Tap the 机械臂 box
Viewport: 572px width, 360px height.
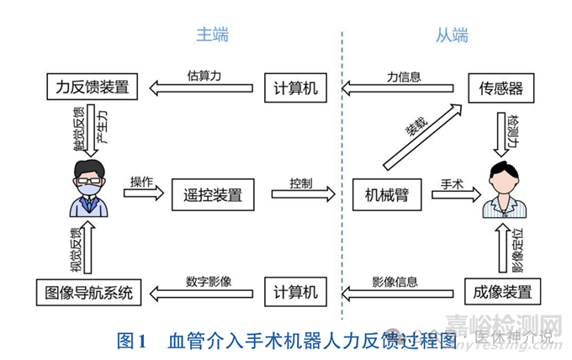pyautogui.click(x=386, y=195)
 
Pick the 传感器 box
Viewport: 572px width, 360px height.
pyautogui.click(x=500, y=87)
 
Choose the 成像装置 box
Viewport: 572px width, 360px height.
pyautogui.click(x=502, y=292)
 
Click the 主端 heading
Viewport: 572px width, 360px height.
pyautogui.click(x=212, y=35)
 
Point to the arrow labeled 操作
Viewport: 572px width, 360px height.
pyautogui.click(x=141, y=193)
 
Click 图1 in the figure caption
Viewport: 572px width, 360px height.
pyautogui.click(x=132, y=341)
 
